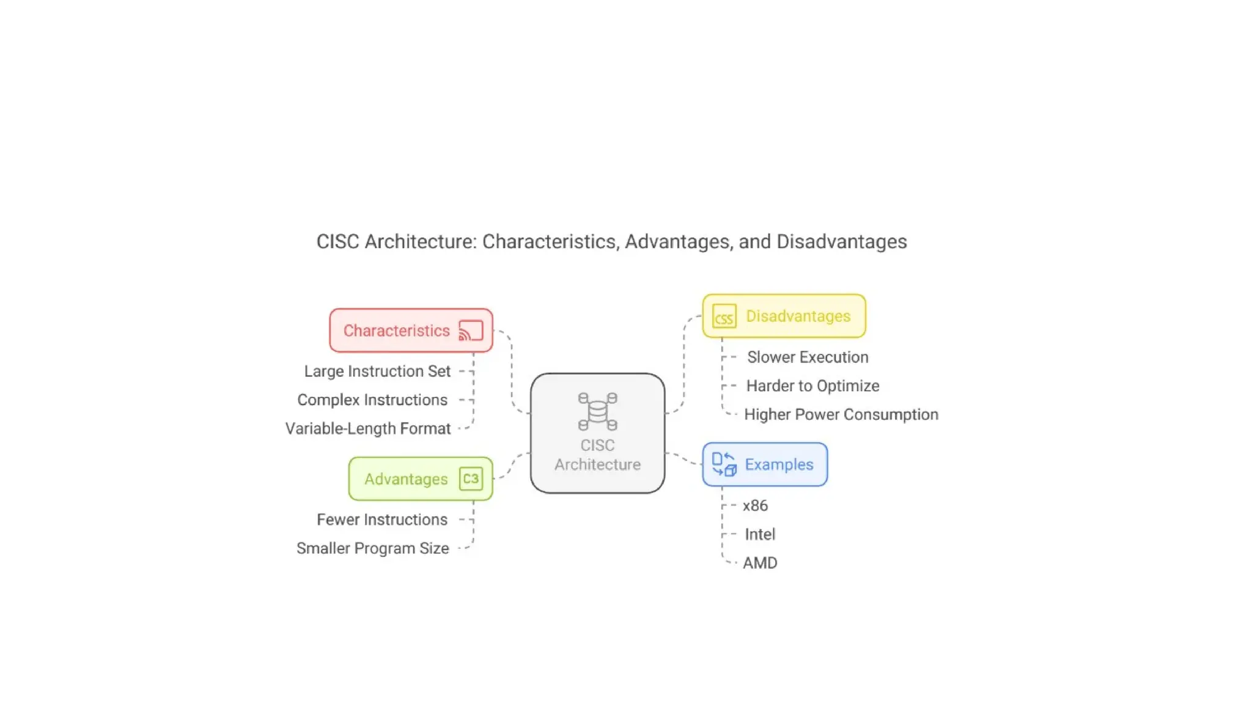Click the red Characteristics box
(411, 330)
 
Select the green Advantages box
(421, 479)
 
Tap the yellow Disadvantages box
(784, 316)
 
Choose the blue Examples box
(765, 464)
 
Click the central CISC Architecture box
(597, 433)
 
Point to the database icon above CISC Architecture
(597, 411)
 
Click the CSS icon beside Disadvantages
(724, 317)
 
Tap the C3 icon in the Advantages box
(471, 479)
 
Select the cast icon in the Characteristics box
(471, 330)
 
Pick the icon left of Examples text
(724, 464)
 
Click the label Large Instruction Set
(377, 371)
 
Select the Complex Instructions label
(372, 400)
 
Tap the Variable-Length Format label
(368, 429)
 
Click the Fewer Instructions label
(382, 520)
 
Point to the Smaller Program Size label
(373, 548)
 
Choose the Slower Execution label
(808, 357)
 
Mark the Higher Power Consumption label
(841, 415)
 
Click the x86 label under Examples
(755, 505)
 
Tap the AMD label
(760, 563)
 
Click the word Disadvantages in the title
(841, 242)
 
